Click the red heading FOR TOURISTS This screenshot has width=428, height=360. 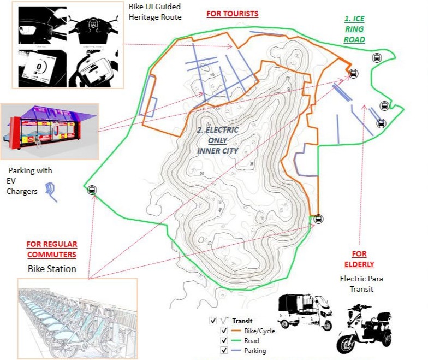point(232,13)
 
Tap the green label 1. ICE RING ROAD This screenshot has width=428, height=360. point(354,29)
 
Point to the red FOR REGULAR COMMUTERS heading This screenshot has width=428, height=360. point(52,249)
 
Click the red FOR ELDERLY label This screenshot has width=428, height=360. point(359,259)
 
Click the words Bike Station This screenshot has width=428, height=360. point(52,269)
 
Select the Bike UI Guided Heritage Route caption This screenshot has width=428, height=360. point(154,11)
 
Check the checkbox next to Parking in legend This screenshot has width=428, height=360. point(223,351)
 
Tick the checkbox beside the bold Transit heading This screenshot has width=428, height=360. point(213,321)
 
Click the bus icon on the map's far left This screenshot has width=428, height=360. point(92,190)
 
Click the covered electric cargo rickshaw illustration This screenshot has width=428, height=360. point(304,311)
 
